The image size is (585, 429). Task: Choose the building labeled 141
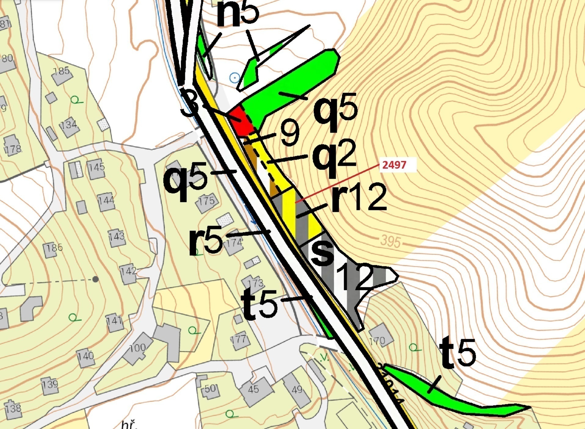tap(114, 322)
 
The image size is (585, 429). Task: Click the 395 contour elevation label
tap(391, 241)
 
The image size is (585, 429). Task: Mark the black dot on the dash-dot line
tap(96, 279)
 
